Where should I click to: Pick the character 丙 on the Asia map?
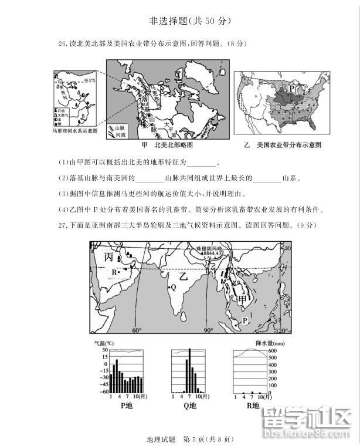pos(109,258)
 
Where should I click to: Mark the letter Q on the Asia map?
pos(173,288)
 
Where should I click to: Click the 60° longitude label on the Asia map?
pos(137,330)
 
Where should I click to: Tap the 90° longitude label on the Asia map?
pos(208,330)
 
